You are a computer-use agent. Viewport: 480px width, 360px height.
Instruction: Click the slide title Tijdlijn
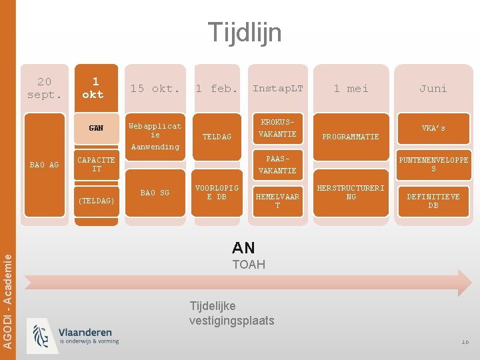(x=244, y=32)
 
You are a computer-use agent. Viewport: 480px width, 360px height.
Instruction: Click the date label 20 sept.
(x=44, y=88)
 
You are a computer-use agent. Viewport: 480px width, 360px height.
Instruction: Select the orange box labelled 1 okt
(x=95, y=88)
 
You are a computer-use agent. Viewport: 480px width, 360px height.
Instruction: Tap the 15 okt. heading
(x=155, y=89)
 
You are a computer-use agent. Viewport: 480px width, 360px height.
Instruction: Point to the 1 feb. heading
(x=217, y=89)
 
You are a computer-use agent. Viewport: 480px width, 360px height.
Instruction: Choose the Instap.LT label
(x=277, y=89)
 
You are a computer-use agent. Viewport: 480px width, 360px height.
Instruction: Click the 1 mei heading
(x=351, y=89)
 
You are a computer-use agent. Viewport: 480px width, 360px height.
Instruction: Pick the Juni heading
(x=433, y=89)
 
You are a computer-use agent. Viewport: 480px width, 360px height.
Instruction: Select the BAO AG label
(x=45, y=165)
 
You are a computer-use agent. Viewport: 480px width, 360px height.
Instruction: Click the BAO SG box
(x=155, y=193)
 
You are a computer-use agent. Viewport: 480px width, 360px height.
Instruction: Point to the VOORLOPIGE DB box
(x=217, y=193)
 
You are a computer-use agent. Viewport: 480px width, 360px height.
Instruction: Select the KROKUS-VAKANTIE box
(x=277, y=128)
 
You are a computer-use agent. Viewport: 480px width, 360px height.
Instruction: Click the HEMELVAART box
(x=277, y=201)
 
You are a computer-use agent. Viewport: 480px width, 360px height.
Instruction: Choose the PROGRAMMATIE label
(x=351, y=137)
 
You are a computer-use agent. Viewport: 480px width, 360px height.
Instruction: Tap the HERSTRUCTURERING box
(x=351, y=193)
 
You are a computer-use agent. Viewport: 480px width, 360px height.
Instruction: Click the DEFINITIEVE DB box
(x=433, y=201)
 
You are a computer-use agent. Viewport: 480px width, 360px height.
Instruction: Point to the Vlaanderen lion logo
(x=41, y=335)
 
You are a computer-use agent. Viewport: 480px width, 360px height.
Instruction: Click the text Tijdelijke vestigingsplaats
(x=231, y=313)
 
